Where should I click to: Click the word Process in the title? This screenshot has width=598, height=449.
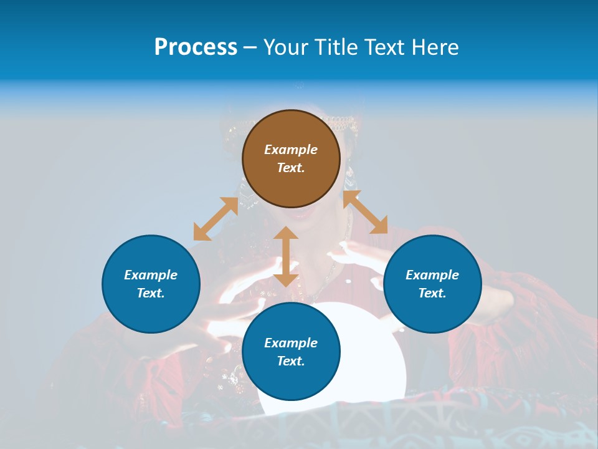coord(196,47)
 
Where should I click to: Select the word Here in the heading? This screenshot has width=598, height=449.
coord(434,47)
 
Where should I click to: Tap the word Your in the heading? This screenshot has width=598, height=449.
coord(286,47)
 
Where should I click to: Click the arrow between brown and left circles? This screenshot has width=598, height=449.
coord(216,219)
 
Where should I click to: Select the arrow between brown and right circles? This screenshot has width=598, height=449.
coord(365,212)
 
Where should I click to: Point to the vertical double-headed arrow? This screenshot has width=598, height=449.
coord(286,256)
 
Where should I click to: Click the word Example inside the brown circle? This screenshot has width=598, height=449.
coord(291,150)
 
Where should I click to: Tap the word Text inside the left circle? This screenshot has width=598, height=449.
coord(151,293)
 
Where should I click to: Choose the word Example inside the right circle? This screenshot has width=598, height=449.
coord(432,275)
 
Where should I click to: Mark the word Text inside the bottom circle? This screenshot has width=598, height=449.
coord(291,361)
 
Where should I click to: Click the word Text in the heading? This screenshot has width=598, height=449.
coord(384,47)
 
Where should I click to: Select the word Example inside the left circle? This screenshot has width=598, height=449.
coord(151,275)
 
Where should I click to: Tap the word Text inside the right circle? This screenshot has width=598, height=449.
coord(432,293)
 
